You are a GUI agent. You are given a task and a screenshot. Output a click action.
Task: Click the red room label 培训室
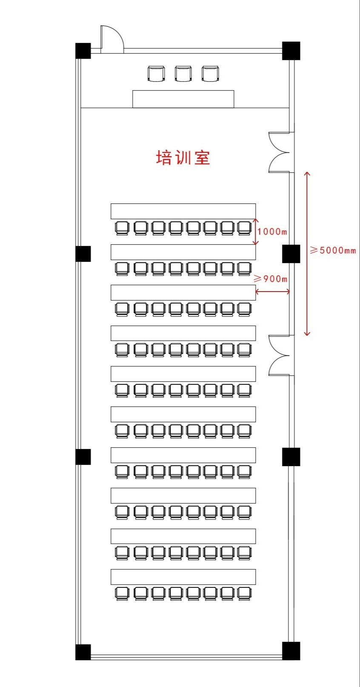click(183, 157)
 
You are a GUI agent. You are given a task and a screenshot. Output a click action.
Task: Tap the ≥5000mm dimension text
click(333, 250)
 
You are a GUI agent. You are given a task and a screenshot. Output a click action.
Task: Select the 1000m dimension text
click(272, 231)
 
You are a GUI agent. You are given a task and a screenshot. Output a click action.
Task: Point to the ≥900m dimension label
click(271, 278)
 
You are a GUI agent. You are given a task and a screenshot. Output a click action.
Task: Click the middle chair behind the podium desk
click(183, 74)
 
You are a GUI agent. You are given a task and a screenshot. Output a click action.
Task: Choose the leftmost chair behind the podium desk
click(156, 74)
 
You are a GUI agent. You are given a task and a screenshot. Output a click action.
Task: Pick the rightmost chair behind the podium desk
click(210, 74)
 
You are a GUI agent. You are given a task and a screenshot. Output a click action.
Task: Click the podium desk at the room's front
click(183, 99)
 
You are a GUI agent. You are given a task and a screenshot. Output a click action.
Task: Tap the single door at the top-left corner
click(112, 39)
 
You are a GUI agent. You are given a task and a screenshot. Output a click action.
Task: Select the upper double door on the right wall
click(280, 152)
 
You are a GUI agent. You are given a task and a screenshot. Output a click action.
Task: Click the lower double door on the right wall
click(280, 355)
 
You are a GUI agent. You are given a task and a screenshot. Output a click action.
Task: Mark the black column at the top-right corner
click(291, 51)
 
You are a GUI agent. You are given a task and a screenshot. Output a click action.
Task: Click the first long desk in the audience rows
click(183, 211)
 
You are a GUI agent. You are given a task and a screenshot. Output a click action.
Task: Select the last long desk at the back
click(183, 577)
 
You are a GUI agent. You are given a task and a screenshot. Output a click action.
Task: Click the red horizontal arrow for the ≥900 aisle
click(273, 292)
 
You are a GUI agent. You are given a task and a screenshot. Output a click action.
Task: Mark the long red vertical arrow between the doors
click(307, 254)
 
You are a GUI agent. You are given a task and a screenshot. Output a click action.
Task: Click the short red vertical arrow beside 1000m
click(256, 232)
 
